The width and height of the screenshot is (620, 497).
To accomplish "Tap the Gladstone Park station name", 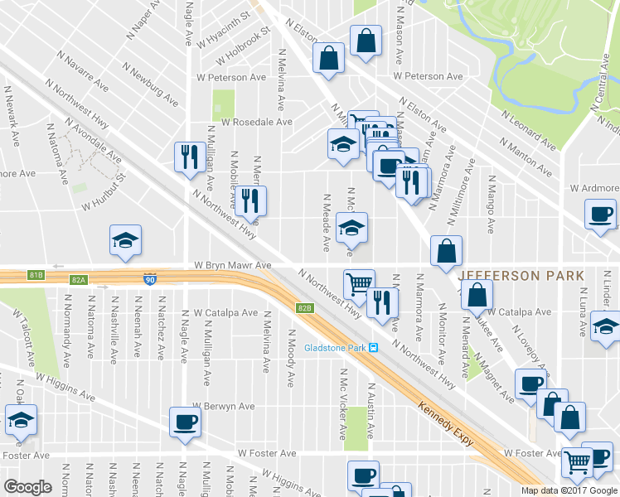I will [335, 347].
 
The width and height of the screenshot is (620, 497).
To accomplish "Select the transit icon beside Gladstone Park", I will [374, 347].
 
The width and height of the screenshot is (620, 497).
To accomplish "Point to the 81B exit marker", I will [36, 274].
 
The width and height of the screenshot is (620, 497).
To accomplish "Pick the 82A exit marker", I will [79, 281].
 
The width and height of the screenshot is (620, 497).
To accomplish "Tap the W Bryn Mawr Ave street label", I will [233, 265].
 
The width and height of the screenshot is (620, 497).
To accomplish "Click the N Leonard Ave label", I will [528, 129].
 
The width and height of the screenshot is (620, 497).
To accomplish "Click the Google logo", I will [27, 486].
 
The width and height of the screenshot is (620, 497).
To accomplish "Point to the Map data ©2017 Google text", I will [569, 490].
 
